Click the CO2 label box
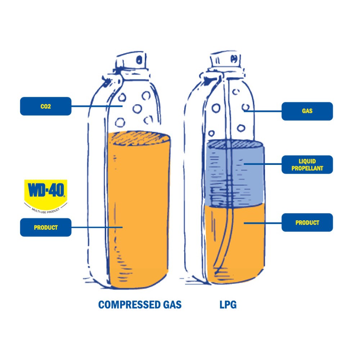pos(45,106)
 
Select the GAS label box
pos(307,111)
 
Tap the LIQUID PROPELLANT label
pos(307,165)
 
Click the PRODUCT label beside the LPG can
pos(307,222)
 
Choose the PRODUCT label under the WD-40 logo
pos(45,228)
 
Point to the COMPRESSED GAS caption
pos(140,305)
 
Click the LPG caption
pos(228,305)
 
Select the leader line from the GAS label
pos(263,111)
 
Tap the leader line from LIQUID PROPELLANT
pos(263,164)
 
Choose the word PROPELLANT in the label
pos(307,168)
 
